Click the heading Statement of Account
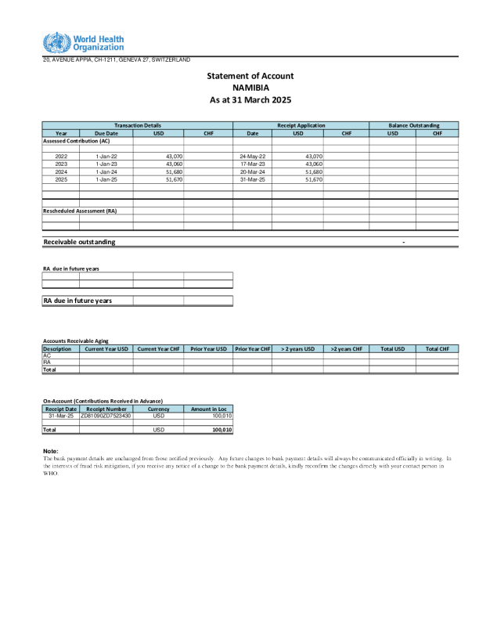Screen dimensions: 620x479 point(250,76)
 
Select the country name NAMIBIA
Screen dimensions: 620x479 point(250,88)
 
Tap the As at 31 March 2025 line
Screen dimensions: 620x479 point(250,100)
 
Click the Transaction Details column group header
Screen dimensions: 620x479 point(137,125)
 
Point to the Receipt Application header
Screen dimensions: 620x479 point(301,125)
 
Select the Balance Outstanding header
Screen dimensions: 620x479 point(414,125)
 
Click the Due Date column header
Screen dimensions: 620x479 point(106,133)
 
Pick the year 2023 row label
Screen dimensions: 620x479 point(61,164)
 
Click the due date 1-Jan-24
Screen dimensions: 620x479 point(106,171)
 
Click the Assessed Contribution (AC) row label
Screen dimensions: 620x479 point(76,141)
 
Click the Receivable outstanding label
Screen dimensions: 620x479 point(79,242)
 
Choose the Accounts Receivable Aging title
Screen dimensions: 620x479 point(75,341)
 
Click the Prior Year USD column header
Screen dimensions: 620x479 point(209,348)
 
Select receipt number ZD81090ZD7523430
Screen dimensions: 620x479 point(106,416)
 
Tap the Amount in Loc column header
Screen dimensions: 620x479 point(208,409)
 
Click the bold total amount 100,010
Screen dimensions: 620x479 point(222,430)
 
